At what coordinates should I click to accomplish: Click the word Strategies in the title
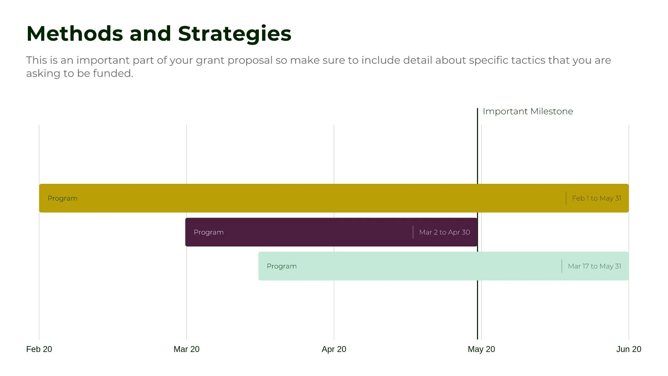(234, 34)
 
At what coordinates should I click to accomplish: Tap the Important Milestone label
(527, 111)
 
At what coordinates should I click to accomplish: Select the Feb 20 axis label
(39, 349)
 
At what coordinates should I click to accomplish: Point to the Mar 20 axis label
(186, 349)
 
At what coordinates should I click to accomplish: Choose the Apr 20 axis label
(334, 349)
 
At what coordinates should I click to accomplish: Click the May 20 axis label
(481, 349)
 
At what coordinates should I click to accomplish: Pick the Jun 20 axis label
(628, 349)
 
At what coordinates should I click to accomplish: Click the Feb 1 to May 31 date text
(596, 198)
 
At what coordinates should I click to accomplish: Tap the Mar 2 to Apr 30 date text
(444, 232)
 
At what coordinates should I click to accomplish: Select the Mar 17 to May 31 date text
(594, 266)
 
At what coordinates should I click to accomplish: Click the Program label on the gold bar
(63, 198)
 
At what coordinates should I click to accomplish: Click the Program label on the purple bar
(208, 232)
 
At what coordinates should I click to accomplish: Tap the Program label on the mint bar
(281, 266)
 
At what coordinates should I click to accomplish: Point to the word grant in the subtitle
(210, 61)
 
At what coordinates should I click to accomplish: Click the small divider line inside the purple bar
(413, 232)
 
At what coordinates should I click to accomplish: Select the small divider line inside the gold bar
(566, 198)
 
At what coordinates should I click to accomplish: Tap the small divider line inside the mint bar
(562, 266)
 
